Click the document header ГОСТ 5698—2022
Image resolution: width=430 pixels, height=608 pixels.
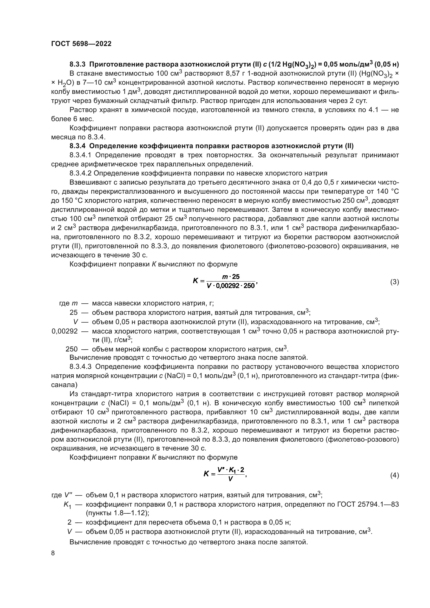pyautogui.click(x=81, y=44)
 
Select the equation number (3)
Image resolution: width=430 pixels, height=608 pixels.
pyautogui.click(x=395, y=282)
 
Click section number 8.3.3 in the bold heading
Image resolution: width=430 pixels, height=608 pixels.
pyautogui.click(x=78, y=64)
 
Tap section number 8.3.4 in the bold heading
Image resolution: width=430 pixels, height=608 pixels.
pyautogui.click(x=78, y=146)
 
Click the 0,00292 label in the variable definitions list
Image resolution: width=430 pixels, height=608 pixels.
pyautogui.click(x=65, y=331)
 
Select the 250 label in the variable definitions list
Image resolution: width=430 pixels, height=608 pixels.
pyautogui.click(x=71, y=349)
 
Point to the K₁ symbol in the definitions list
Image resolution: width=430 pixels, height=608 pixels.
pyautogui.click(x=67, y=505)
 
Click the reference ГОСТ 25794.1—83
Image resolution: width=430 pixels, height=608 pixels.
pyautogui.click(x=368, y=504)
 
